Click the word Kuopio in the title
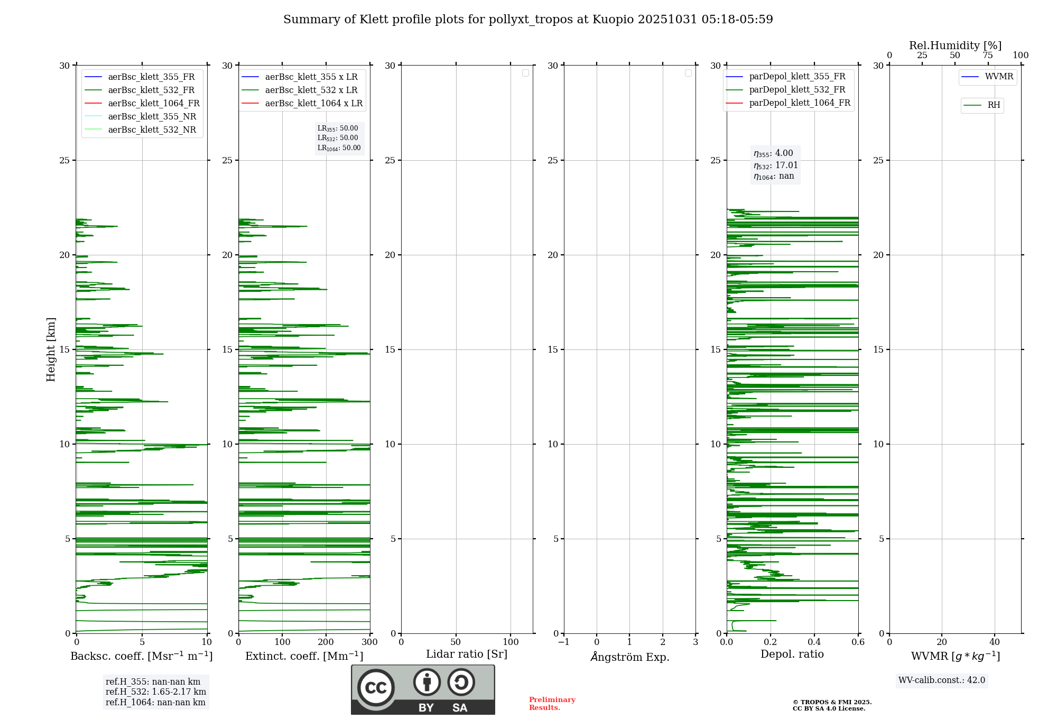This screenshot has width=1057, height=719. coord(613,20)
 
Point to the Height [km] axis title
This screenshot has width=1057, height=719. coord(51,349)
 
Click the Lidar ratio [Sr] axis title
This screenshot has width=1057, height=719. coord(467,655)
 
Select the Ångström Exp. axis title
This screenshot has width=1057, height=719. coord(630,657)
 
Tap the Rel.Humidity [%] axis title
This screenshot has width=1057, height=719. coord(955,45)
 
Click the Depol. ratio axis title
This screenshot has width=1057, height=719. coord(792,655)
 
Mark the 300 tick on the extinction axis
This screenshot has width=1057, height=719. coord(370,642)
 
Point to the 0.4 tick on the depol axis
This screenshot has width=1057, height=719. coord(814,642)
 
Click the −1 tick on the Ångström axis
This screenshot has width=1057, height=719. coord(564,642)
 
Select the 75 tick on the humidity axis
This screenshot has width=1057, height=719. coord(988,56)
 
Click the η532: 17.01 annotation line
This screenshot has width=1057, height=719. coord(775,165)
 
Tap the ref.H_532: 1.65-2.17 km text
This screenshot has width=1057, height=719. coord(156,692)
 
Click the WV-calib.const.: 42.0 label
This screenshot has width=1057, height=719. coord(942,680)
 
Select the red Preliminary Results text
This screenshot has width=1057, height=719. coord(552,704)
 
